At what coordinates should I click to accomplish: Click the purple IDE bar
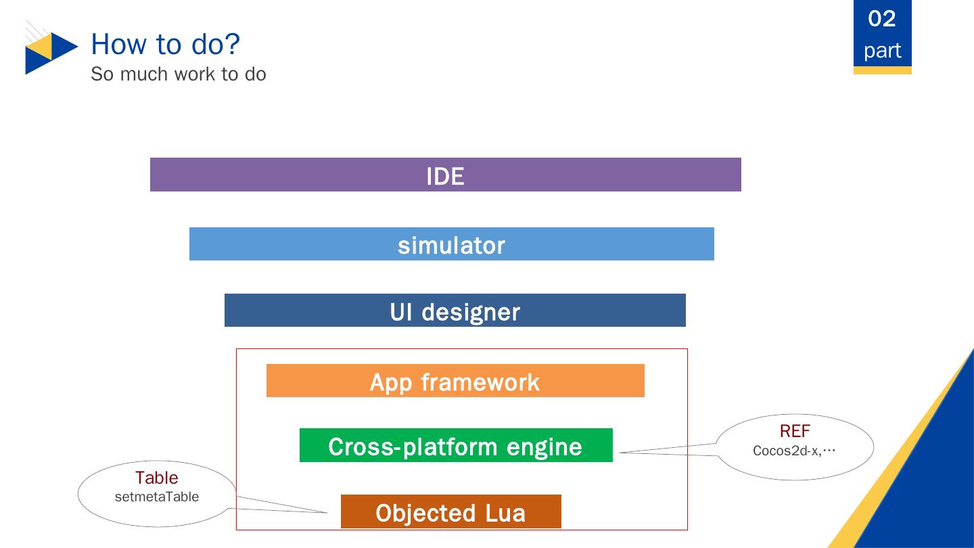point(446,175)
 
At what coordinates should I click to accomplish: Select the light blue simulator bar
point(451,244)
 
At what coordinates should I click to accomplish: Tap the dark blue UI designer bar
point(455,310)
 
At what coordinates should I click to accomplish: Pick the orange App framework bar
point(455,380)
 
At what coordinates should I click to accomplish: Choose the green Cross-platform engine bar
point(456,445)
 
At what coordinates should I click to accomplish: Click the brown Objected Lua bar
point(451,511)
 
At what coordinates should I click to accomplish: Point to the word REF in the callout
point(795,431)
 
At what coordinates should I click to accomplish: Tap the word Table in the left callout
point(156,478)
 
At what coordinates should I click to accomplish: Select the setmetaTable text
point(157,497)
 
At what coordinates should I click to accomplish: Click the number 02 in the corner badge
point(882,19)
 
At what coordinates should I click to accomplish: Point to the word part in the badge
point(882,51)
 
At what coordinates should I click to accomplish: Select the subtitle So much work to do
point(179,74)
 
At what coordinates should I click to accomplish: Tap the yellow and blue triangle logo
point(51,53)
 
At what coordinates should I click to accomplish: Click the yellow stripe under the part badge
point(882,70)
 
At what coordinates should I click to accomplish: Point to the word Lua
point(505,513)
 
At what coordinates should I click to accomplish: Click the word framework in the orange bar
point(480,383)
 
